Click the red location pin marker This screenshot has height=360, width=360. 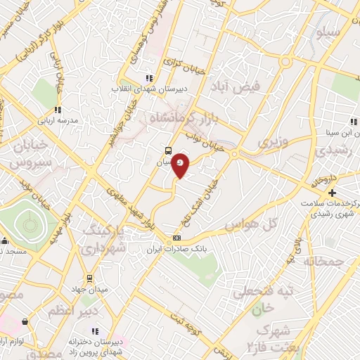pyautogui.click(x=181, y=165)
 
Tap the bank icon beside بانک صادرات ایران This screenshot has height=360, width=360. pyautogui.click(x=176, y=238)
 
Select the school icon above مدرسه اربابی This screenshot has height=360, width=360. pyautogui.click(x=58, y=110)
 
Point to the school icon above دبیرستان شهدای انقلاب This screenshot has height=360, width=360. pyautogui.click(x=148, y=78)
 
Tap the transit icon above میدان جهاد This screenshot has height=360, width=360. pyautogui.click(x=89, y=278)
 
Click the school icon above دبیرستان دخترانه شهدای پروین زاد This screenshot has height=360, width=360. pyautogui.click(x=95, y=331)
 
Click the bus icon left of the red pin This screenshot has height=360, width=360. pyautogui.click(x=167, y=150)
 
